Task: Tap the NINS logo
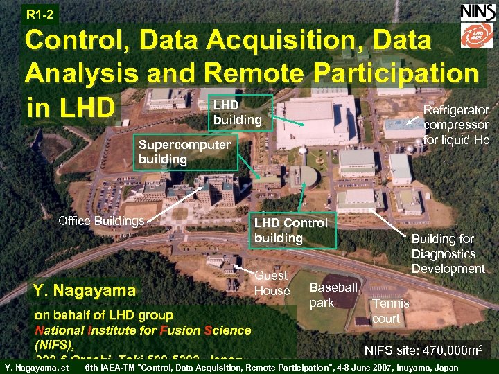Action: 477,12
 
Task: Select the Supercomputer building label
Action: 184,152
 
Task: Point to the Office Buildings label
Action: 101,221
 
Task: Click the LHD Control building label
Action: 291,230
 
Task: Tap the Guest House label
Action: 272,283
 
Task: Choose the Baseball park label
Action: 333,294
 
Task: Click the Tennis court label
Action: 391,310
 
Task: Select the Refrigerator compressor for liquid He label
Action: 457,125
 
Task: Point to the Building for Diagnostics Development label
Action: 448,253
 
